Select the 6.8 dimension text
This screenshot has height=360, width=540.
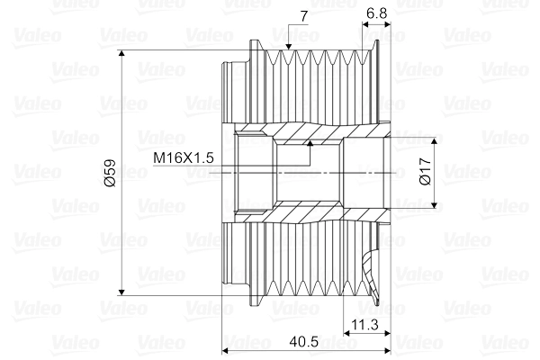tap(378, 14)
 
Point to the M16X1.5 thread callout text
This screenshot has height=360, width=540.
tap(183, 158)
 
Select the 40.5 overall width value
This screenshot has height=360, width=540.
tap(305, 342)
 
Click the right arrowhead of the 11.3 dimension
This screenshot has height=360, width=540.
tap(383, 331)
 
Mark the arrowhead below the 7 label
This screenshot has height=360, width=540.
tap(287, 45)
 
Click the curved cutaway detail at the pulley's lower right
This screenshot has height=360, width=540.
tap(372, 270)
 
